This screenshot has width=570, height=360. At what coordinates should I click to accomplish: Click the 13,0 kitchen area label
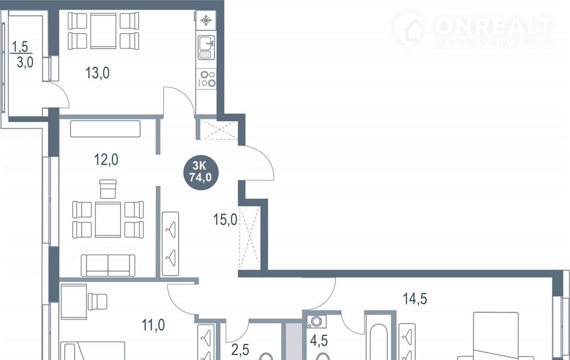point(98,73)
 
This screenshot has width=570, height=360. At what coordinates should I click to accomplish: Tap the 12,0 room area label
point(106,160)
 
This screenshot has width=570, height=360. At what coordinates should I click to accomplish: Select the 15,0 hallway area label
point(225,219)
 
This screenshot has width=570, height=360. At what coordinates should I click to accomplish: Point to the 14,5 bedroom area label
point(415,299)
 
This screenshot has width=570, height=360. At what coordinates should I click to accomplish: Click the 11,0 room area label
point(153,325)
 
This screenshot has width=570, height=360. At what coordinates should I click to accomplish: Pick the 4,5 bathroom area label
point(319,341)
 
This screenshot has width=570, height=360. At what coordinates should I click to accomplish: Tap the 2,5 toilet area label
point(240,350)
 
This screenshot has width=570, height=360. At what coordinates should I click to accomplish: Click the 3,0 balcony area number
point(25,62)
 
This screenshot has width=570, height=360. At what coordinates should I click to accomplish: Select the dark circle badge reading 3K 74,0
point(201,173)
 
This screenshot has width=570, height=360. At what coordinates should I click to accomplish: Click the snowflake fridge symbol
point(206,20)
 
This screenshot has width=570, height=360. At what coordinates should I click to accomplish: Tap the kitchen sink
point(206,48)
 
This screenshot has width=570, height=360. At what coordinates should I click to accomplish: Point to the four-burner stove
point(206,79)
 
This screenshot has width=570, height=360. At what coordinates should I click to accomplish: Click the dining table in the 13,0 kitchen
point(103,31)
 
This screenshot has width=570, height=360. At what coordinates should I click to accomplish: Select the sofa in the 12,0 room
point(108,265)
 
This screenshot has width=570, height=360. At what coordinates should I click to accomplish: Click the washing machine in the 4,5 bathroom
point(316,322)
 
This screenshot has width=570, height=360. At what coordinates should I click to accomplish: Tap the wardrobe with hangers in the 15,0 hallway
point(171,244)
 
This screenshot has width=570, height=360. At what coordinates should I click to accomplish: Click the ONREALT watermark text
point(494,26)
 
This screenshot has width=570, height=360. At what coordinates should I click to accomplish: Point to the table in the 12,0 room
point(108,220)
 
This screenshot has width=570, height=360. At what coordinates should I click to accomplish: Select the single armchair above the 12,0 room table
point(108,189)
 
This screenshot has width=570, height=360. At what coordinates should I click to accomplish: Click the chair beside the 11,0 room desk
point(98,302)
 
